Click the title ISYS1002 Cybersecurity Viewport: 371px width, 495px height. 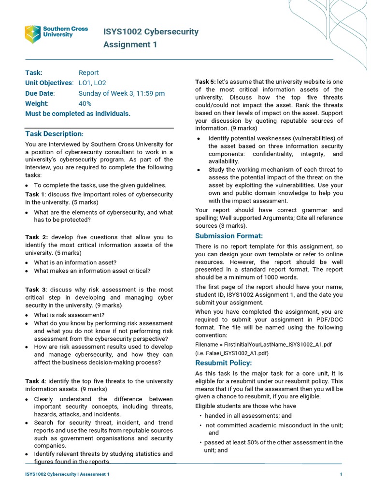click(151, 32)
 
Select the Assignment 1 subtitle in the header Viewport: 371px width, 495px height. click(130, 45)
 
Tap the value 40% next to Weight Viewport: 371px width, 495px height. click(85, 103)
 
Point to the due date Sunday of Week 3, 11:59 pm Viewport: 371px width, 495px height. click(121, 93)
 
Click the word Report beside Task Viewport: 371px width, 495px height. click(88, 73)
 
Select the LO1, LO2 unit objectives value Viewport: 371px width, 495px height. click(92, 83)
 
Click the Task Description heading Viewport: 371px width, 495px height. click(54, 133)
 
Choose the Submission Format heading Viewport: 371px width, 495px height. click(228, 236)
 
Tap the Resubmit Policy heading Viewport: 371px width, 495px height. click(223, 363)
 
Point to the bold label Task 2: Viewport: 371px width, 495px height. click(36, 237)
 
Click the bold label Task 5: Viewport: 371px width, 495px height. click(205, 82)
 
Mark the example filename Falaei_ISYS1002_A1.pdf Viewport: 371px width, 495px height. click(232, 353)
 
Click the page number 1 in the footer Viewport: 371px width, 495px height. click(341, 474)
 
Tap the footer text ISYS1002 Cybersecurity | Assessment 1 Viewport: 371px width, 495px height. click(67, 474)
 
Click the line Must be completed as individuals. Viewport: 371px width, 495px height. click(78, 114)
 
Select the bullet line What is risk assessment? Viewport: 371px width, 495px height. click(69, 315)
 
